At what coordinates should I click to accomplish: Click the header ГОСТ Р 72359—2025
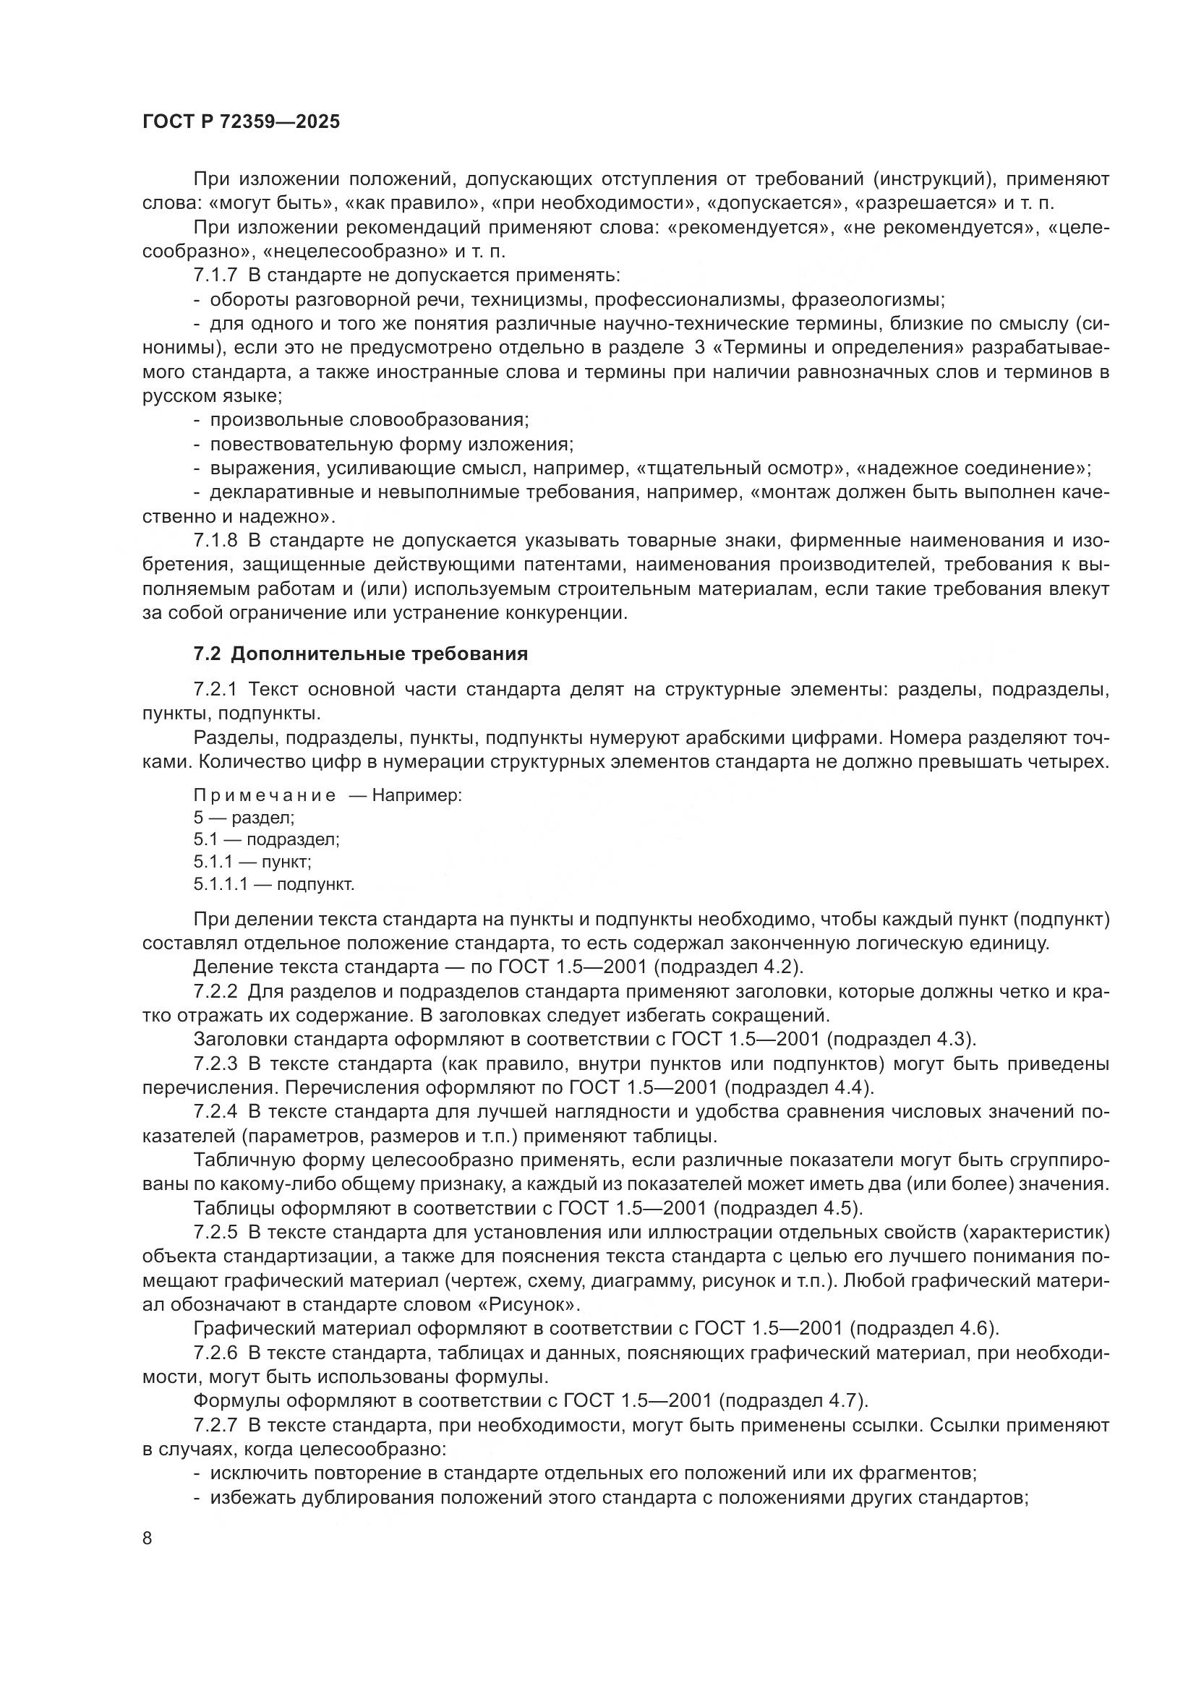coord(241,122)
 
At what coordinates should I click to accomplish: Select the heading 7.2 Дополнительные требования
coord(361,654)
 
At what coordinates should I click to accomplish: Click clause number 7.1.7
coord(215,276)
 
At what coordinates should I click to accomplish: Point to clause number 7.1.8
coord(215,541)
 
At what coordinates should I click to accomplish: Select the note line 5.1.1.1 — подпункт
coord(274,884)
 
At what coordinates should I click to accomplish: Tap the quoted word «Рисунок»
coord(528,1305)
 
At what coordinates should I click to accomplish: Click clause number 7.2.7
coord(215,1425)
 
